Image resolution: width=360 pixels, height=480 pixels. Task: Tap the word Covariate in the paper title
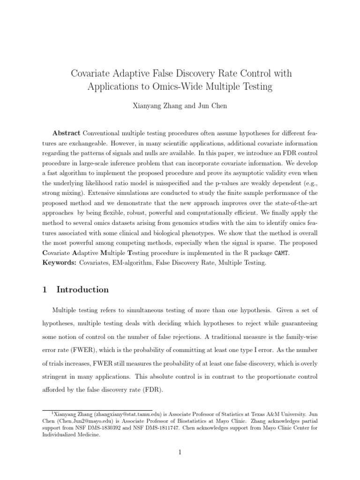[x=90, y=73]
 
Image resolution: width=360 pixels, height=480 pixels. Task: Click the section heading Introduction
[x=82, y=290]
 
